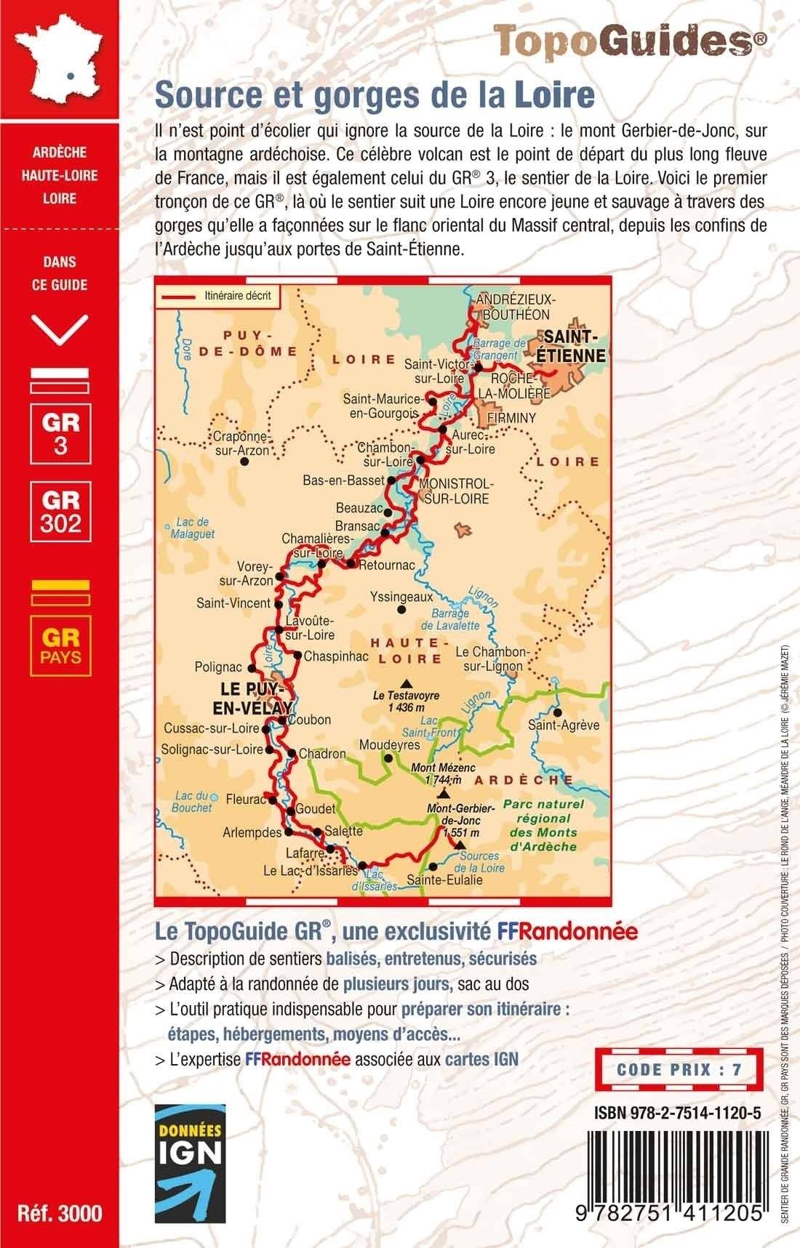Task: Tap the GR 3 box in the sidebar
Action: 60,432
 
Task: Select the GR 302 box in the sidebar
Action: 60,512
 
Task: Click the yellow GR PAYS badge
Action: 60,645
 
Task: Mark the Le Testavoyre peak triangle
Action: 407,683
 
